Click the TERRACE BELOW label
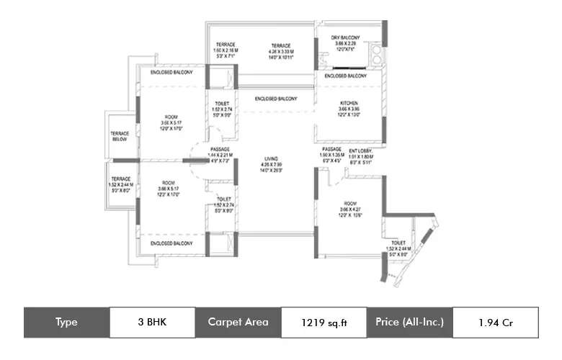coord(120,136)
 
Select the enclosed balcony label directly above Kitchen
coord(345,76)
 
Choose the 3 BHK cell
coord(152,322)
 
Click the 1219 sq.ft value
coord(324,322)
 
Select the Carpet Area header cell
coord(238,322)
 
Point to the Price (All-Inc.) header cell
coord(409,322)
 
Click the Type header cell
coord(66,322)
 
